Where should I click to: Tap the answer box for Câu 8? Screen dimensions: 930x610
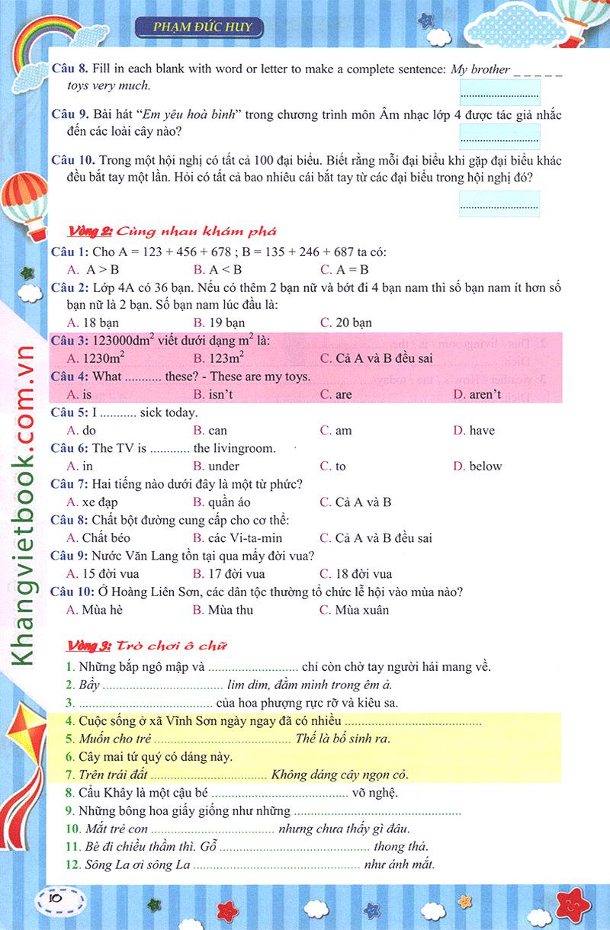pyautogui.click(x=499, y=92)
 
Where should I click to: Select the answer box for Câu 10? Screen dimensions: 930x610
pyautogui.click(x=499, y=204)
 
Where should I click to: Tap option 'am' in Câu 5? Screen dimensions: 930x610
pyautogui.click(x=344, y=430)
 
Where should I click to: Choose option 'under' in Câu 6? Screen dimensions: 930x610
pyautogui.click(x=223, y=466)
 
